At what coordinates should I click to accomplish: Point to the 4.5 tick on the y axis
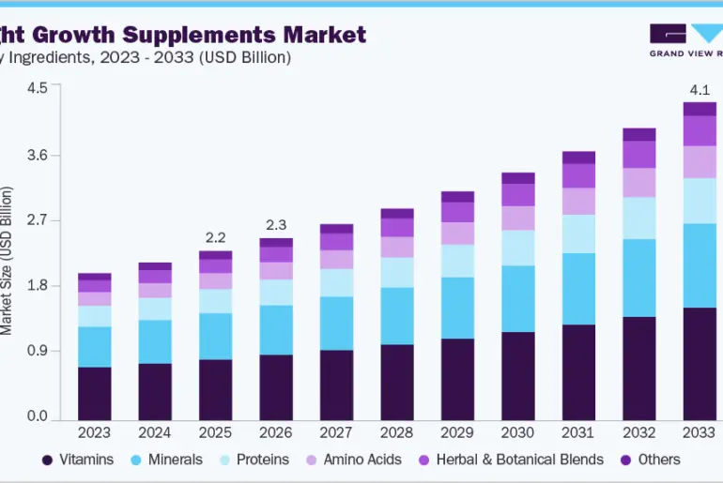[x=37, y=88]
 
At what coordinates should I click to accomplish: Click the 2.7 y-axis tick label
[x=37, y=220]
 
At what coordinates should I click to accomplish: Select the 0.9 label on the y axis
[x=37, y=352]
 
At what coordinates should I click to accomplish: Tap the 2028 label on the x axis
[x=397, y=432]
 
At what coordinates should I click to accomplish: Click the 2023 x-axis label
[x=94, y=432]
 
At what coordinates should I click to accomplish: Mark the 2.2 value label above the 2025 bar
[x=215, y=237]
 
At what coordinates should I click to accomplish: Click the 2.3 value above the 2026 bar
[x=276, y=225]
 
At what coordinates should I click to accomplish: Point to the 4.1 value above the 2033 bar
[x=700, y=90]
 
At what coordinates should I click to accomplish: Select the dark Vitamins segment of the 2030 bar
[x=518, y=375]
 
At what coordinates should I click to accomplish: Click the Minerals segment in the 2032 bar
[x=639, y=278]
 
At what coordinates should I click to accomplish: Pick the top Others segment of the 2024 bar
[x=155, y=266]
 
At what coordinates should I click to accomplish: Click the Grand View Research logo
[x=685, y=39]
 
